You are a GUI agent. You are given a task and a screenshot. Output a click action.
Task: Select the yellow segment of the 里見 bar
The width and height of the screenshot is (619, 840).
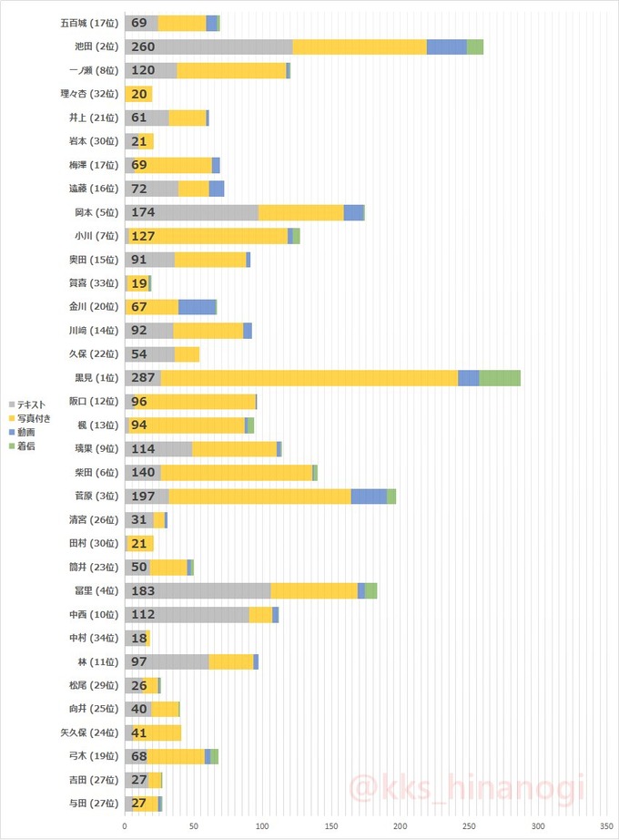click(309, 378)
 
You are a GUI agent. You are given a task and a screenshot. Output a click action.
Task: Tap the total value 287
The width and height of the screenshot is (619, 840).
click(143, 378)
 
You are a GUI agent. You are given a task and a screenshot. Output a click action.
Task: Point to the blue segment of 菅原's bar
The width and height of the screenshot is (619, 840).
click(369, 497)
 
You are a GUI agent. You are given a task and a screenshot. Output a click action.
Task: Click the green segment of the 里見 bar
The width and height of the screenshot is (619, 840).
click(500, 378)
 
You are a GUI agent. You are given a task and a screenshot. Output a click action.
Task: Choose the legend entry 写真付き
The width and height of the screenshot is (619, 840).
click(35, 418)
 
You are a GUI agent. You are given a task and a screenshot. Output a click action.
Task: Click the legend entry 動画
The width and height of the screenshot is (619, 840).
click(26, 432)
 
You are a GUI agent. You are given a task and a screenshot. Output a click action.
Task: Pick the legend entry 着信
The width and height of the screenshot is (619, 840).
click(26, 446)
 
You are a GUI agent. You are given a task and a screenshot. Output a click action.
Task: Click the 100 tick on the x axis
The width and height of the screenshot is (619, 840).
click(262, 826)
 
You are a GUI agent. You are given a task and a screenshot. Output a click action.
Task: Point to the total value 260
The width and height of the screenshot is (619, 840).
click(143, 47)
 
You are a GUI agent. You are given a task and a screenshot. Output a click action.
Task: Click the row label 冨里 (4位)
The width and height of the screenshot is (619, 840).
click(94, 591)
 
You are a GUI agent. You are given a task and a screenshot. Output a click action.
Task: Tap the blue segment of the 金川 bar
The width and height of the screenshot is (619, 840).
click(198, 307)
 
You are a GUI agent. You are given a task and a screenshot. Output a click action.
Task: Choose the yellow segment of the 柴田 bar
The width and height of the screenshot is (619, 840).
click(237, 473)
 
